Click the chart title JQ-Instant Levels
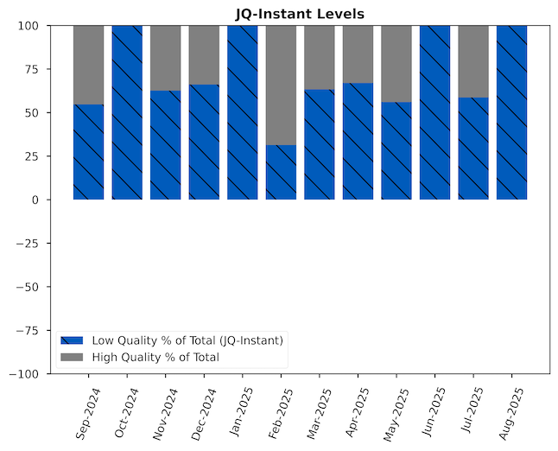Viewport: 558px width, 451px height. click(x=300, y=14)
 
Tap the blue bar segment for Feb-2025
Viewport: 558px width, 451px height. click(x=281, y=172)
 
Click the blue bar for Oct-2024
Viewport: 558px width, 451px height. click(x=127, y=112)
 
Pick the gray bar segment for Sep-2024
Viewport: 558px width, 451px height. click(x=88, y=65)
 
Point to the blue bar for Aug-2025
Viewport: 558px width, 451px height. click(x=511, y=112)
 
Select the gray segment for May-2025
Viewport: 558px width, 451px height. click(x=396, y=64)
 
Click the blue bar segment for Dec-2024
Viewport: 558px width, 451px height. click(x=204, y=142)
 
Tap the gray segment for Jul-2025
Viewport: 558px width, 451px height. click(x=473, y=61)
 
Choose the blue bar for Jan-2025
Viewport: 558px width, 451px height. click(x=243, y=112)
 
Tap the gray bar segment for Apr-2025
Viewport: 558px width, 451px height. click(x=358, y=54)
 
